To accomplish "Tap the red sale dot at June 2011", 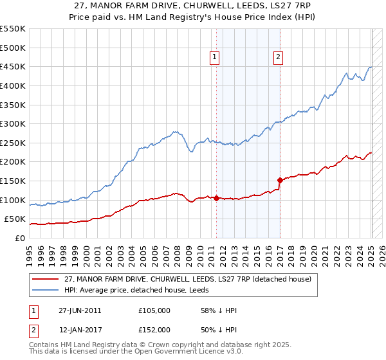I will pyautogui.click(x=216, y=198).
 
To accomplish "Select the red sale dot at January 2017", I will pyautogui.click(x=280, y=180).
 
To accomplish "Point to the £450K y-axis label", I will pyautogui.click(x=12, y=66).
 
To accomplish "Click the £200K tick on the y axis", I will pyautogui.click(x=12, y=161).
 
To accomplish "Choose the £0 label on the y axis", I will pyautogui.click(x=20, y=238).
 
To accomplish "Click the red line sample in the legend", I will pyautogui.click(x=46, y=279).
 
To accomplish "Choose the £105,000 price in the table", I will pyautogui.click(x=154, y=310).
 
